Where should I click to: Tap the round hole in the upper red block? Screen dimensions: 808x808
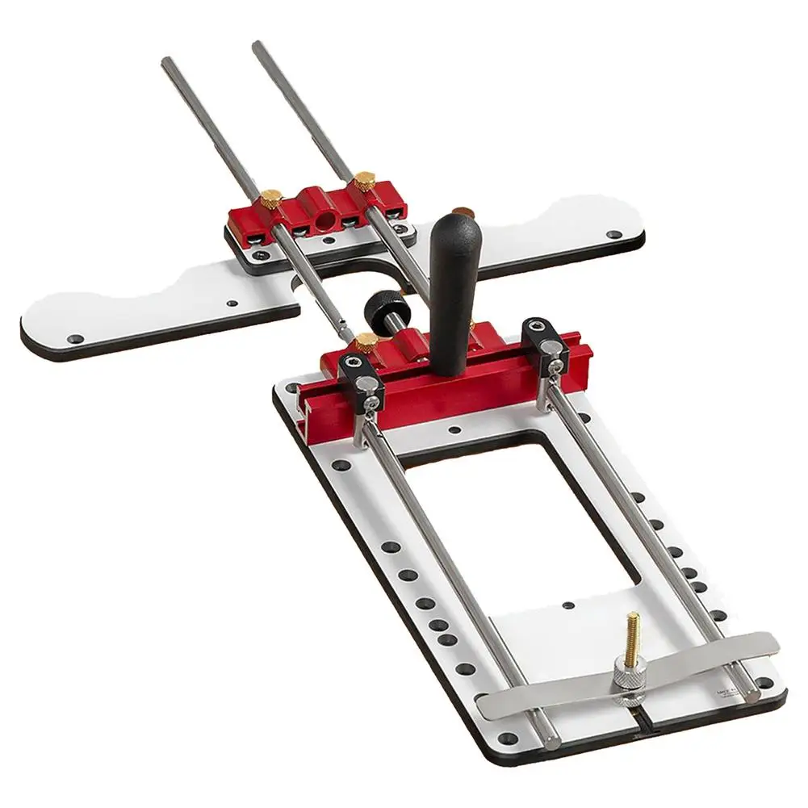[324, 220]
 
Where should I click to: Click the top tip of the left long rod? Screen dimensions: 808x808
[166, 62]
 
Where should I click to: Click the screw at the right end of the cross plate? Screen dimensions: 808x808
[615, 235]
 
